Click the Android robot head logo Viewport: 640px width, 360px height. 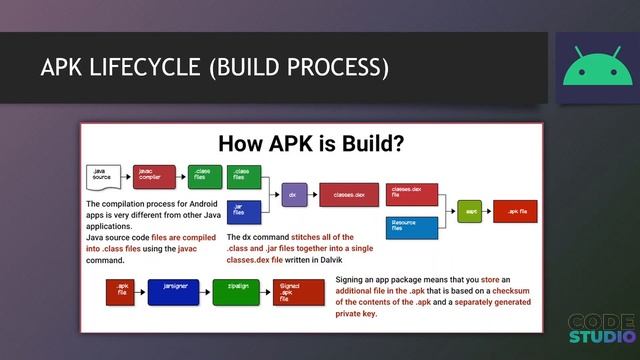[x=593, y=68]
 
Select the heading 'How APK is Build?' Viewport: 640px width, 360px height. [x=311, y=143]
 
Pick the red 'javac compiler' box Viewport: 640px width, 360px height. [x=154, y=177]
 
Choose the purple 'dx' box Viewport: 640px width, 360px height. [x=293, y=195]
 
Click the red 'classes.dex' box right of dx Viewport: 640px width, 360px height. [x=347, y=195]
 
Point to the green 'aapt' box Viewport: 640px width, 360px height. [x=469, y=211]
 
